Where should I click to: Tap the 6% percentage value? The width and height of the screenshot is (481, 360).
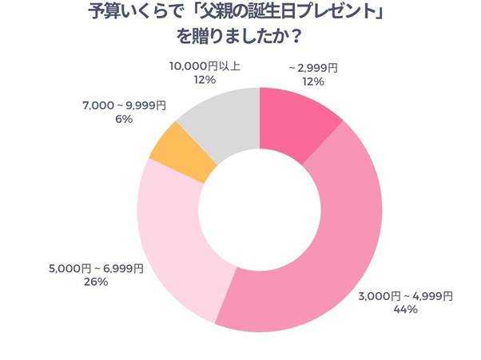[123, 119]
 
